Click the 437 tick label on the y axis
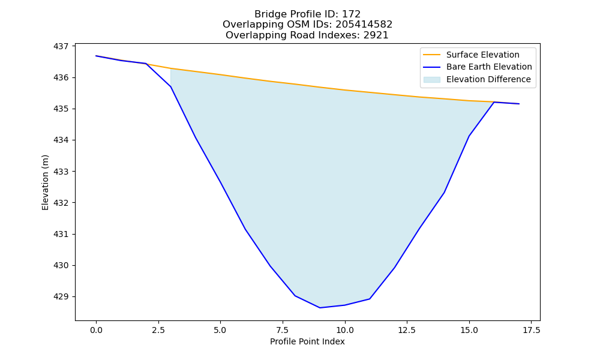pos(61,46)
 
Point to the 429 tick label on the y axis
pos(61,296)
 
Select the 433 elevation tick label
pos(61,172)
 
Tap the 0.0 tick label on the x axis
pos(96,330)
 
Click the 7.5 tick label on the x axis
pos(283,330)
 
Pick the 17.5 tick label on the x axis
pos(531,330)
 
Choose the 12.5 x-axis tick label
pos(407,330)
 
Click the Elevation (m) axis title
pos(46,182)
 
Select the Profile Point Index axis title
pos(307,341)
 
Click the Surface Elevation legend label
pos(482,55)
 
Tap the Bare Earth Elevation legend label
pos(489,67)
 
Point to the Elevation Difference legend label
pos(488,79)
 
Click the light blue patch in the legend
pos(431,80)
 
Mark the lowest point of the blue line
pos(320,308)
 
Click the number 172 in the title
pos(352,14)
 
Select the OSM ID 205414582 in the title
pos(364,25)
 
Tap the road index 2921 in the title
pos(376,35)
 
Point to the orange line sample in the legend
pos(431,55)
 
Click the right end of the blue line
pos(519,104)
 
